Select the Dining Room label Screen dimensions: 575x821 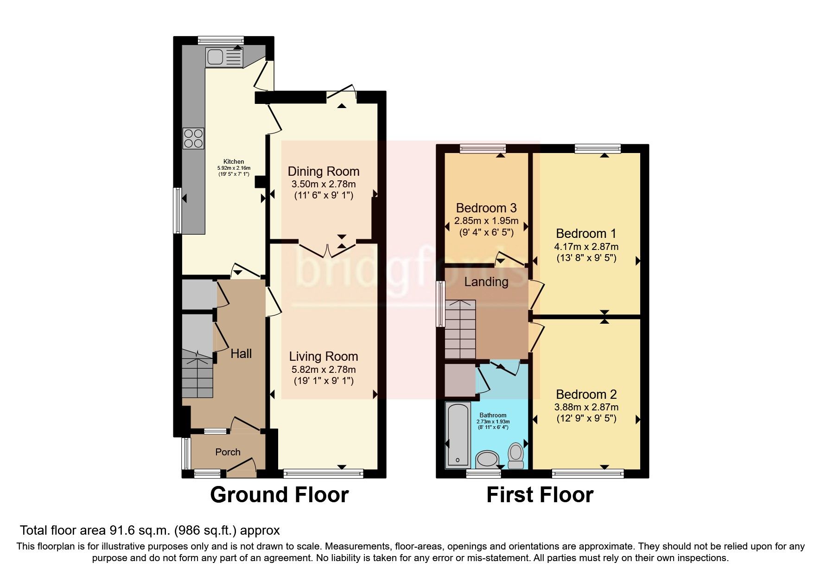point(323,171)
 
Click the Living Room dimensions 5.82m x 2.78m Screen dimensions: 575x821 point(323,370)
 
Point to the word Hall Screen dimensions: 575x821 point(241,354)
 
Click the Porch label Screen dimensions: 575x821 point(228,452)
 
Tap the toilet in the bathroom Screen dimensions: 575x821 point(516,457)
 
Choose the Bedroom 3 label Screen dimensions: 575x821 point(486,208)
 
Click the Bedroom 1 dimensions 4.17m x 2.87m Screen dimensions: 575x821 point(586,247)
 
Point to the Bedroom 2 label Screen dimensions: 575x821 point(586,394)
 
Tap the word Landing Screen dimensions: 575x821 point(486,282)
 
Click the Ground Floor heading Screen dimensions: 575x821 point(279,495)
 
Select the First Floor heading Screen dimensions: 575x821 point(540,495)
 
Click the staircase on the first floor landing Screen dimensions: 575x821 point(460,329)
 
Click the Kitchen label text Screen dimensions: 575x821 point(234,162)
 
